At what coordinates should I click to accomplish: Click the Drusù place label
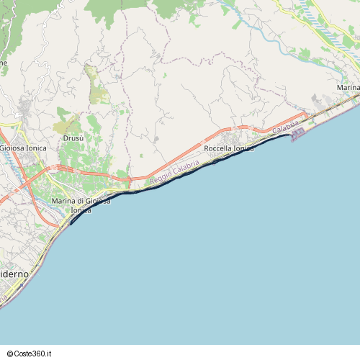(73, 138)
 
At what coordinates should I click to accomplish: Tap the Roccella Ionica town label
(229, 148)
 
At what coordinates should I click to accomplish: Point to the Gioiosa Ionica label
(22, 148)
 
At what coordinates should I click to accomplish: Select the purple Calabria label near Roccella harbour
(286, 127)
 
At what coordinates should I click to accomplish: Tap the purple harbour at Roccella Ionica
(298, 134)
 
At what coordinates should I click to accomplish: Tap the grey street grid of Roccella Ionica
(234, 138)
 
